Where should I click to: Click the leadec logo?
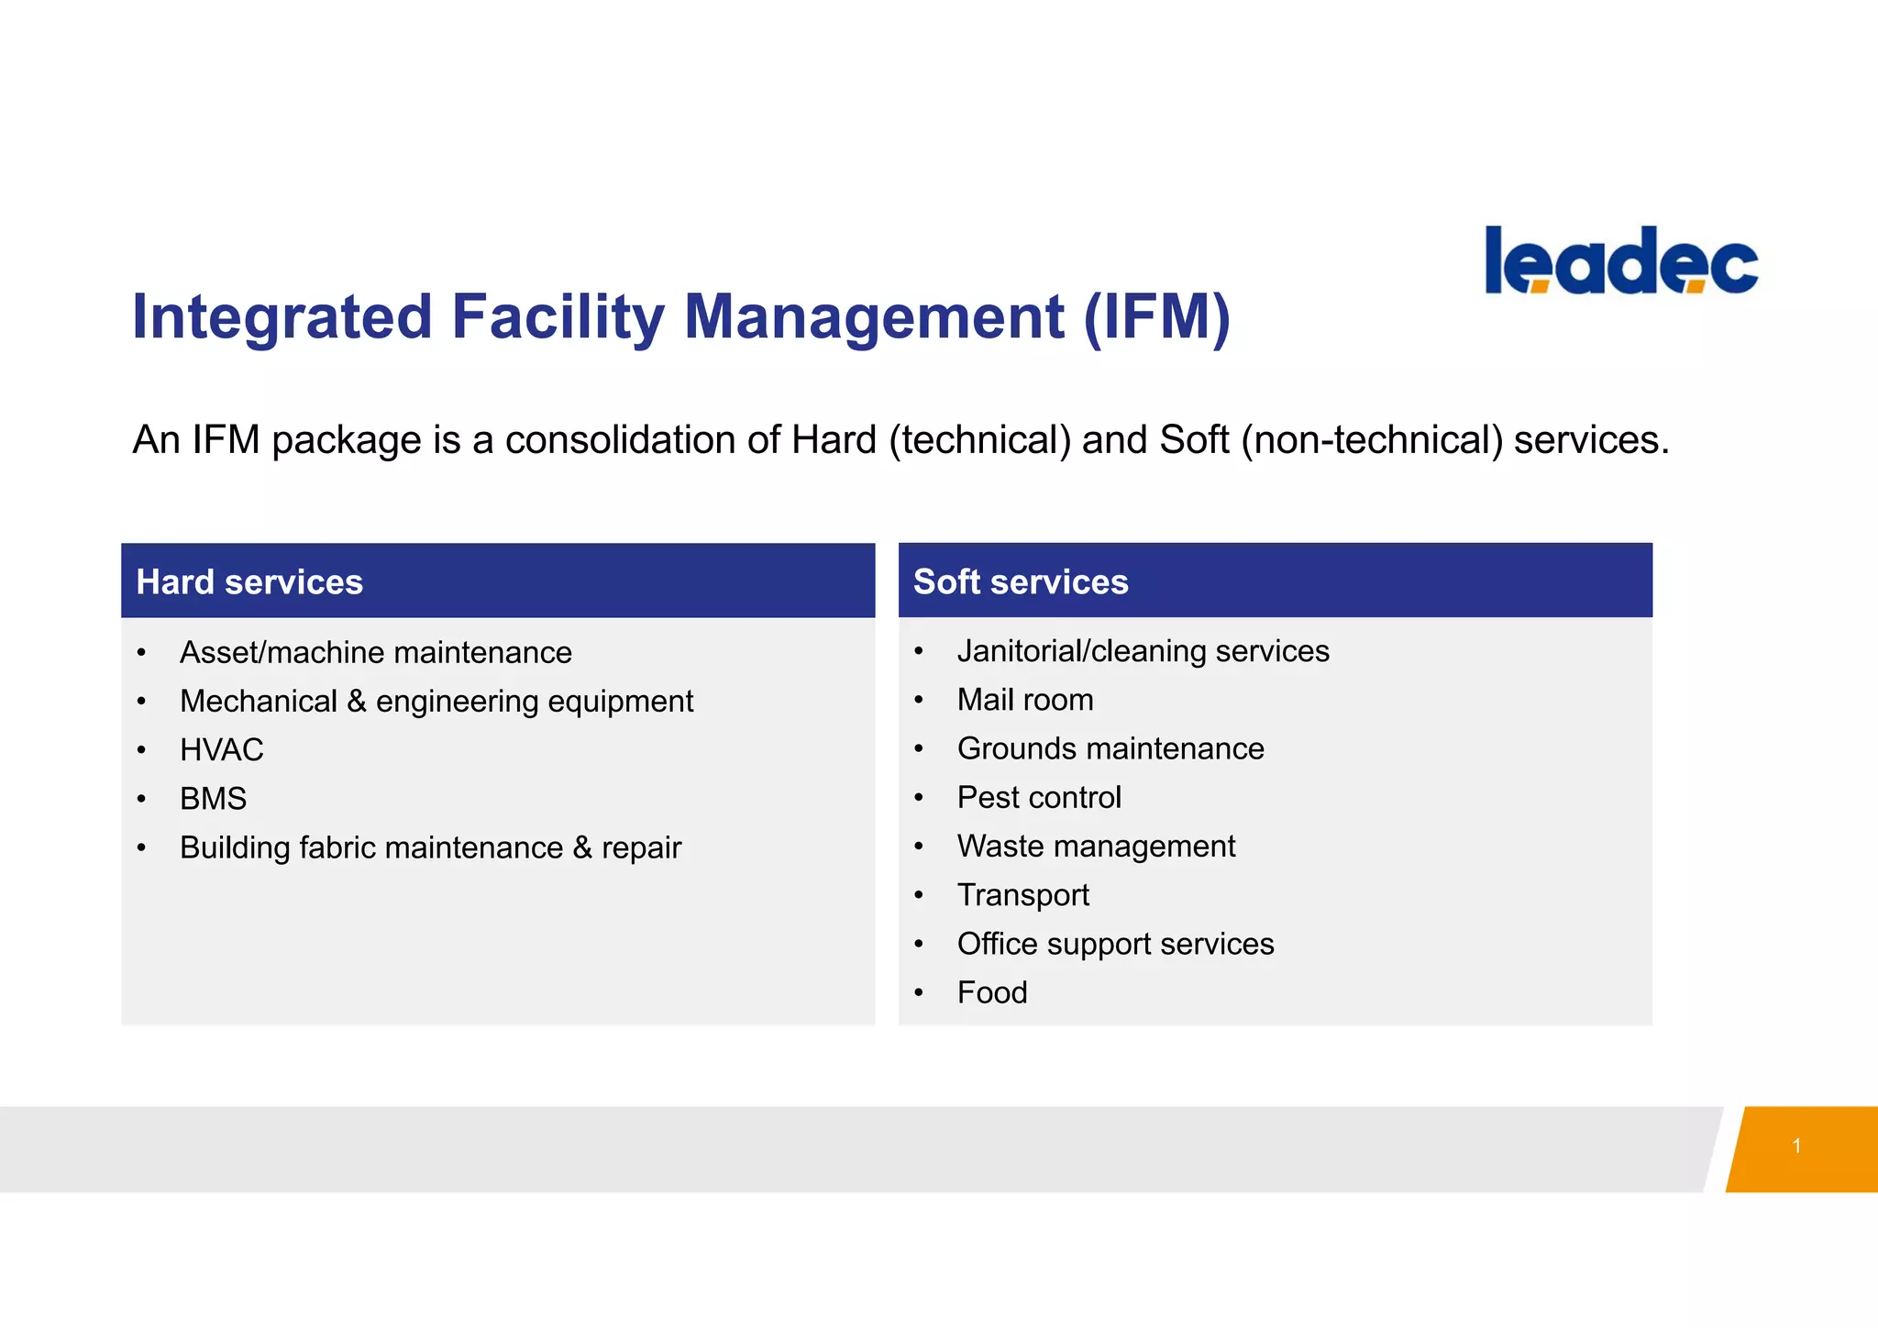pos(1621,261)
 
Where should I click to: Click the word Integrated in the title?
pos(282,317)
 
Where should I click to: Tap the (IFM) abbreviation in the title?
pos(1156,317)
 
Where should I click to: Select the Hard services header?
pos(249,582)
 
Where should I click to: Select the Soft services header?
pos(1021,582)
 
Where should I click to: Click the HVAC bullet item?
pos(222,750)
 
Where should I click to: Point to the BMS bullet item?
pos(213,799)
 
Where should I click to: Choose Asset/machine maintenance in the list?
pos(376,653)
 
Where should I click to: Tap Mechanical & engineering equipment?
pos(436,702)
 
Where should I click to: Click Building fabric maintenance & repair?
pos(430,848)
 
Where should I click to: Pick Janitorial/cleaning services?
pos(1143,651)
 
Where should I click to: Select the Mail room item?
pos(1025,700)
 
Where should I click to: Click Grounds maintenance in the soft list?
pos(1110,749)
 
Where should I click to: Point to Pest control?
pos(1039,798)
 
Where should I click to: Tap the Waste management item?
pos(1096,847)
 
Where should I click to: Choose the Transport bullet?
pos(1023,895)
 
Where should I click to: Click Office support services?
pos(1115,944)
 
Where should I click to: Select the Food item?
pos(992,992)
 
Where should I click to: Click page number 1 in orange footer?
pos(1796,1145)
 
